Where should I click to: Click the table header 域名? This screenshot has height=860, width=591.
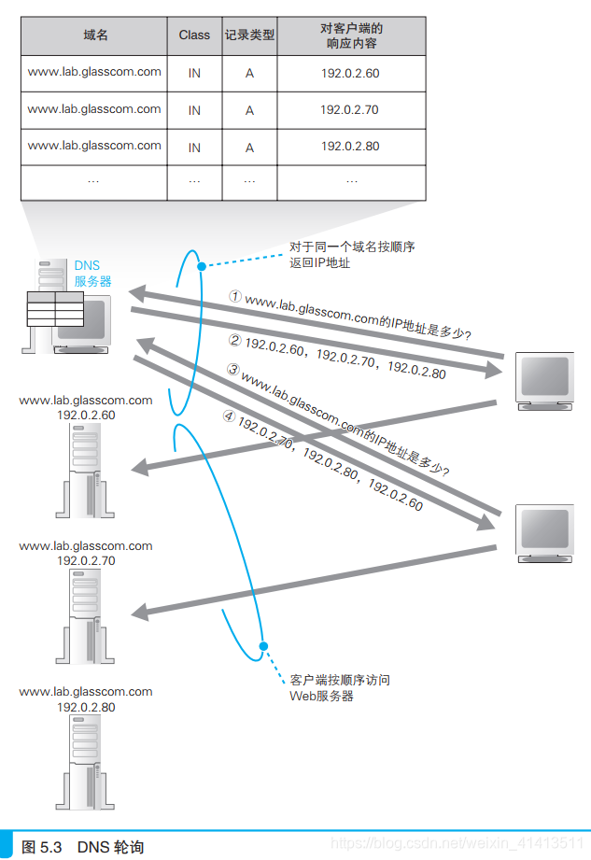(94, 35)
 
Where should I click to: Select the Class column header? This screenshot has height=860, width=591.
(194, 35)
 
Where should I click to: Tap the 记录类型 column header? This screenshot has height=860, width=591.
(249, 35)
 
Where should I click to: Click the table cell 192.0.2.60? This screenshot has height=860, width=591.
(350, 73)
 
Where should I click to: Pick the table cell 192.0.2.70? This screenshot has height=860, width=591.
(350, 110)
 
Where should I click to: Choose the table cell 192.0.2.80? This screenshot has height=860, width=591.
(350, 147)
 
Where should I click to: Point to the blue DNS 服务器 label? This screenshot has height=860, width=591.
(93, 274)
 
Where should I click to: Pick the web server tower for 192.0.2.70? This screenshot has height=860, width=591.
(85, 613)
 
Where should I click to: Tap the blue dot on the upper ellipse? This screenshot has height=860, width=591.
(201, 267)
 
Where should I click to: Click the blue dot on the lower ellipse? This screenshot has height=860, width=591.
(263, 645)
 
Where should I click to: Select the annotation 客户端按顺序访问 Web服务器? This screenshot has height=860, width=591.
(340, 688)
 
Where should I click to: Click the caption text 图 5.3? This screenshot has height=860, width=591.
(41, 847)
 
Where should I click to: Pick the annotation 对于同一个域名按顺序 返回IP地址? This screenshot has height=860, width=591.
(351, 256)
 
